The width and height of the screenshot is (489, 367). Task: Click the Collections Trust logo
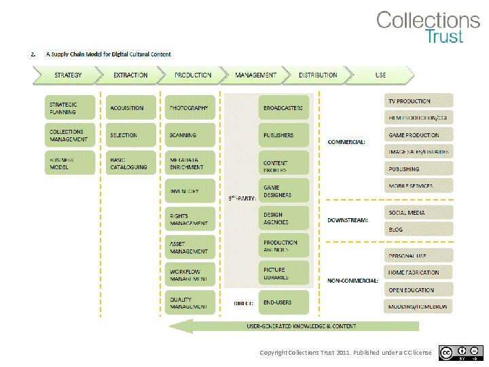pyautogui.click(x=428, y=27)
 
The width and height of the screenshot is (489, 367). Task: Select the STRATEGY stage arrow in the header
pyautogui.click(x=68, y=75)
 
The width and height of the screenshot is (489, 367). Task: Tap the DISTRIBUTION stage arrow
pyautogui.click(x=317, y=75)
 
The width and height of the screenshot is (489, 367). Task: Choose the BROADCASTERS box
pyautogui.click(x=283, y=107)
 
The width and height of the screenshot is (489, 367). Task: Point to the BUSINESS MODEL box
pyautogui.click(x=71, y=163)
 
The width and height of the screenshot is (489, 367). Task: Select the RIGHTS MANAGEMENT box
pyautogui.click(x=190, y=219)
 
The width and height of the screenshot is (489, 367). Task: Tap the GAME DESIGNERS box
pyautogui.click(x=283, y=191)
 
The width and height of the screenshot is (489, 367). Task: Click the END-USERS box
pyautogui.click(x=283, y=302)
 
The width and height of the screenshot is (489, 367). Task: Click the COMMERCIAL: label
pyautogui.click(x=346, y=141)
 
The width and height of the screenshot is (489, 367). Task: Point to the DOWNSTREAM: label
pyautogui.click(x=348, y=220)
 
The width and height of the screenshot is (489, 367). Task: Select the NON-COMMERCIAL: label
pyautogui.click(x=352, y=280)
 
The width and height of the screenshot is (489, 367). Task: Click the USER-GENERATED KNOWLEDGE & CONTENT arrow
pyautogui.click(x=292, y=326)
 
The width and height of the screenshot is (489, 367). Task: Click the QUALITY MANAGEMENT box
pyautogui.click(x=190, y=302)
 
